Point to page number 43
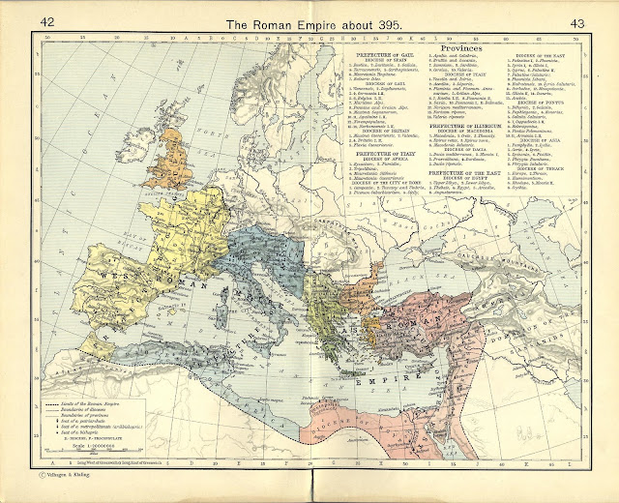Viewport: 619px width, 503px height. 578,22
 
